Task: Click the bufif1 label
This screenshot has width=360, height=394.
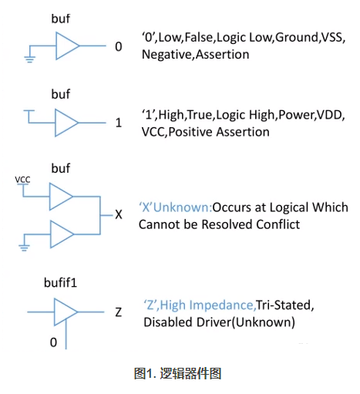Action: point(61,285)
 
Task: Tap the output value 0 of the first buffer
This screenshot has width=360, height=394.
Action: point(118,47)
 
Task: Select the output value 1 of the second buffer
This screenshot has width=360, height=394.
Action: point(119,123)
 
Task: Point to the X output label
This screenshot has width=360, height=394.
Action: point(118,214)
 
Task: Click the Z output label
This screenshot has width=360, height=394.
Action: point(118,312)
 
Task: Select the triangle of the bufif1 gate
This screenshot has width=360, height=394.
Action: point(66,311)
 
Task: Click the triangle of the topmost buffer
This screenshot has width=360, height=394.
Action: point(66,46)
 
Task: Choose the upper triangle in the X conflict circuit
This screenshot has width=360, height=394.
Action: point(60,197)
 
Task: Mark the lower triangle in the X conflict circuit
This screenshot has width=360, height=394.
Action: point(60,232)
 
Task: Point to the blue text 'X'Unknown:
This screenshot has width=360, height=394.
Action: point(175,207)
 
